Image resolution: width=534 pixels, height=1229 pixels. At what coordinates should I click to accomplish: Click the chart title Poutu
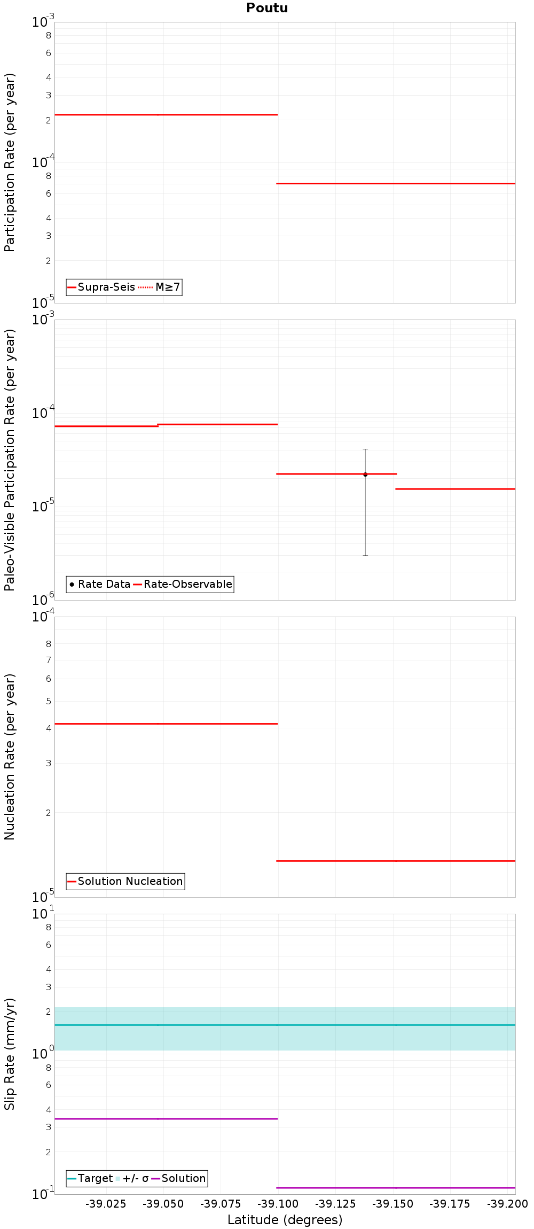tap(267, 8)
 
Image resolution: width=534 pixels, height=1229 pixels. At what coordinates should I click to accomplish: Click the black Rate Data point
tap(365, 475)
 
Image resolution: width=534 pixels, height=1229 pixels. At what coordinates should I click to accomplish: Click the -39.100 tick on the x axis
tap(278, 1204)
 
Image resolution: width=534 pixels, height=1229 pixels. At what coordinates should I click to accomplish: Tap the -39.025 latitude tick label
tap(106, 1204)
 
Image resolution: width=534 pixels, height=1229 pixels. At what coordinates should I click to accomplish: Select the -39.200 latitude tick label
tap(507, 1204)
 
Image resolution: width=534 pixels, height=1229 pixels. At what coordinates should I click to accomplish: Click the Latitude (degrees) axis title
tap(285, 1220)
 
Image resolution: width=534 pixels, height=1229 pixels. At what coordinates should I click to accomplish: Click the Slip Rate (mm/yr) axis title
tap(10, 1054)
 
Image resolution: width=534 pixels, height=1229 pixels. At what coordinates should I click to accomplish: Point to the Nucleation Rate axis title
tap(10, 757)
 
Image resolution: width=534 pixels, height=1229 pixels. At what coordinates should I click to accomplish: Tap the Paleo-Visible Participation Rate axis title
tap(10, 460)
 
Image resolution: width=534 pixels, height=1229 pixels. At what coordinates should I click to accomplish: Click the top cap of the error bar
tap(365, 449)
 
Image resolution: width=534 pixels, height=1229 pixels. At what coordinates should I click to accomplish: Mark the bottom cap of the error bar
tap(365, 556)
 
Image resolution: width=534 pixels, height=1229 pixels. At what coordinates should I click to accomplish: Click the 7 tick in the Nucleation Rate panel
tap(49, 660)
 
